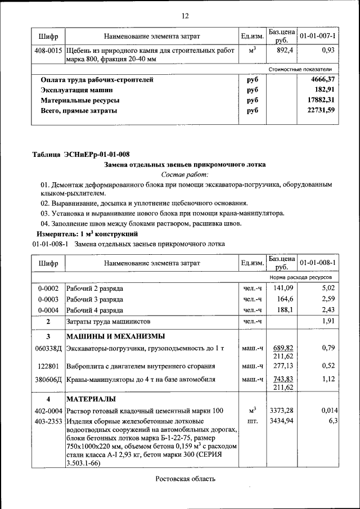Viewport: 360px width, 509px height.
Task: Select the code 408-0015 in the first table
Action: click(x=48, y=51)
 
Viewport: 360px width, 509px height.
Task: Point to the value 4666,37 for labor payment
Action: click(x=323, y=79)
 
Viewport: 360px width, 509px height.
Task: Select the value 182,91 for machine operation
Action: click(x=325, y=89)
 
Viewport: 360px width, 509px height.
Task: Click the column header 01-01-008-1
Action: click(x=317, y=263)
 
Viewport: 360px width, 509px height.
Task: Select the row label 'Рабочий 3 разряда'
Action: click(x=94, y=299)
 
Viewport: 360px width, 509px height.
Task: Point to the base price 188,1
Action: click(x=282, y=309)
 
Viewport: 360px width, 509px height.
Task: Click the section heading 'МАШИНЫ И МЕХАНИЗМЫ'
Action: click(x=115, y=336)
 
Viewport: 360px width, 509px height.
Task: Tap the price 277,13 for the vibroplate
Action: click(x=282, y=366)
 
